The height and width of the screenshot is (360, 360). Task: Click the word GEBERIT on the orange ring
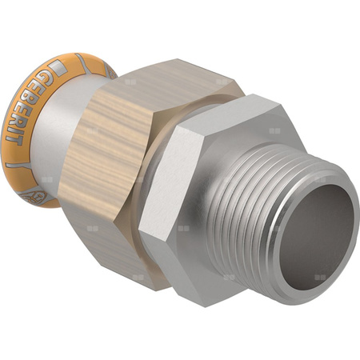coord(41,105)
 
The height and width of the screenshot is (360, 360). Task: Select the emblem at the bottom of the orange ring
coord(38,192)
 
